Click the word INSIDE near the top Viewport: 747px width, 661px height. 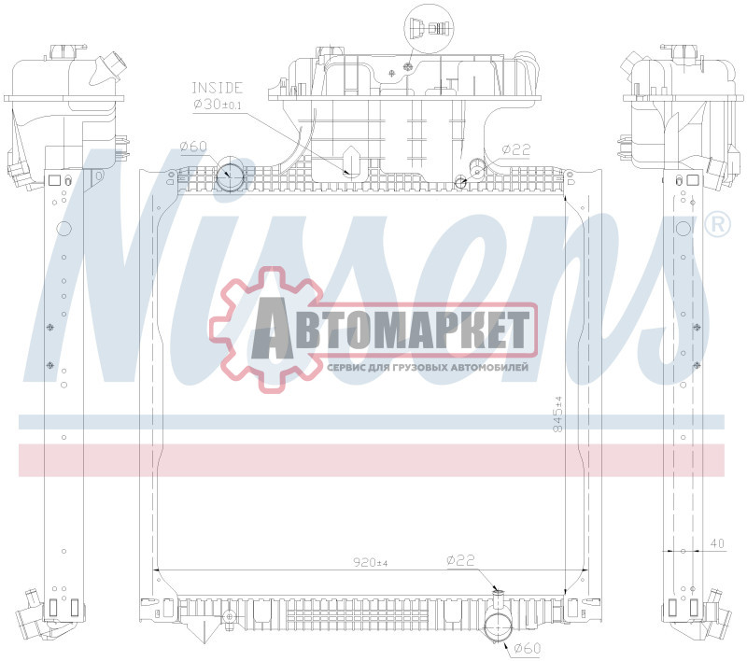point(218,88)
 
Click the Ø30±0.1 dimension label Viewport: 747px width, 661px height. point(218,105)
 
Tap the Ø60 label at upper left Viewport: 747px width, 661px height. point(192,147)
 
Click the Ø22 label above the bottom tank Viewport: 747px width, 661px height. point(461,560)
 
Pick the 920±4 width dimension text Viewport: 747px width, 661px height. point(370,563)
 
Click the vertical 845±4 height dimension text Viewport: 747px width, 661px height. point(558,412)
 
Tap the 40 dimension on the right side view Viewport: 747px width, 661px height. point(716,542)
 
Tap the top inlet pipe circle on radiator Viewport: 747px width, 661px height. point(230,176)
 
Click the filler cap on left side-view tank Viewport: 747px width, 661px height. point(113,66)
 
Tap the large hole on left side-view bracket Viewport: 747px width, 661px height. point(63,229)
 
